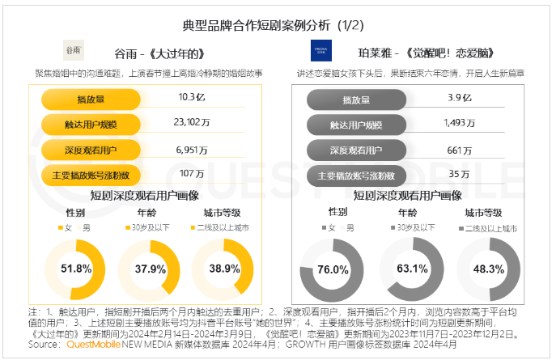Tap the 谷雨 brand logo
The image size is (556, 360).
coord(73,50)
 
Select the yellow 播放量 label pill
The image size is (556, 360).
coord(91,100)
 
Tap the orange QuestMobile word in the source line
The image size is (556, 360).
coord(91,345)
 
